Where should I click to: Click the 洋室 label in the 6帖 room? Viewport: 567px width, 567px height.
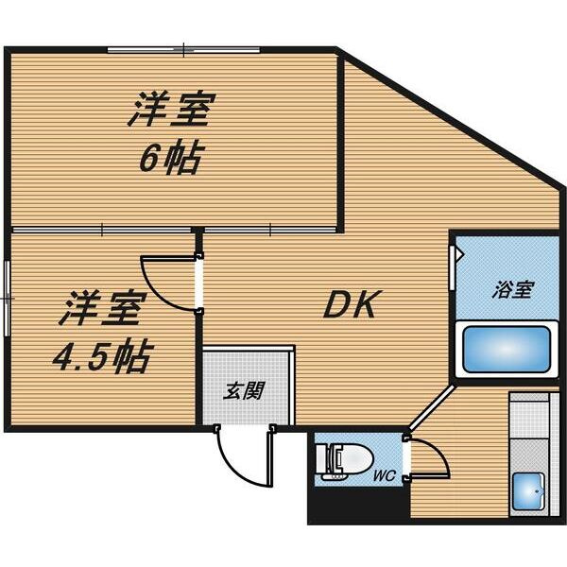[172, 110]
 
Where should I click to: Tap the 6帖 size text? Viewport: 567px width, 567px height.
[169, 159]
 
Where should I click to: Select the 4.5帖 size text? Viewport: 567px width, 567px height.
[101, 355]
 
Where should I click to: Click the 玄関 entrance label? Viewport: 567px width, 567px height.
[244, 390]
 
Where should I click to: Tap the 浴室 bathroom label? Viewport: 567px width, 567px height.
[513, 290]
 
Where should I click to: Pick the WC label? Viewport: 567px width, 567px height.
[385, 475]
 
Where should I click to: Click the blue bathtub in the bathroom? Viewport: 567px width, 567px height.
[507, 350]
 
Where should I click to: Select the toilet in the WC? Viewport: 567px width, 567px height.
[344, 462]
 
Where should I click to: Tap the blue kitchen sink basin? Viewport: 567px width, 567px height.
[528, 491]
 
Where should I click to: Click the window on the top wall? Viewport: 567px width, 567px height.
[183, 50]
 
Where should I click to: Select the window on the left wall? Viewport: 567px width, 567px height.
[7, 299]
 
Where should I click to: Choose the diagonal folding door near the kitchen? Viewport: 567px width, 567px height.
[432, 407]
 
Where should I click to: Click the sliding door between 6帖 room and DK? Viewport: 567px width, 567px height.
[269, 230]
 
